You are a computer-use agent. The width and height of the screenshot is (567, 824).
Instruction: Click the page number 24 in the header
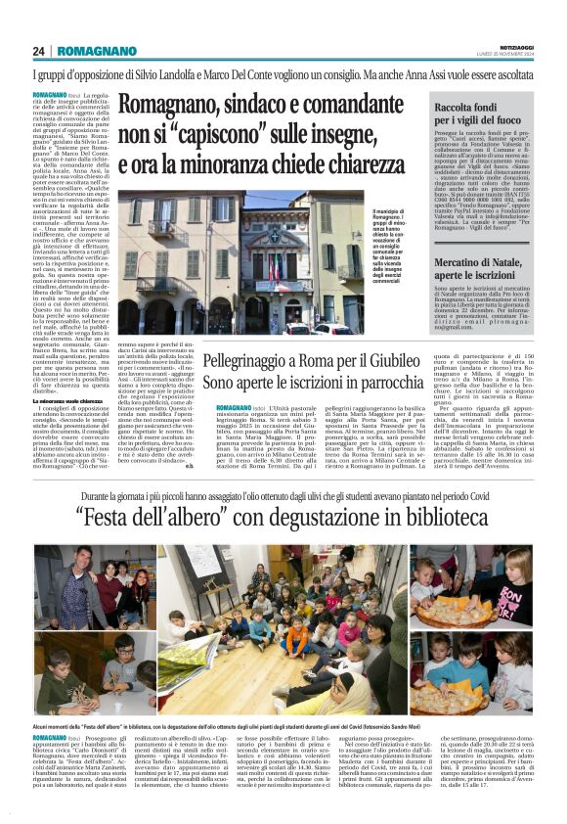pyautogui.click(x=39, y=51)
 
